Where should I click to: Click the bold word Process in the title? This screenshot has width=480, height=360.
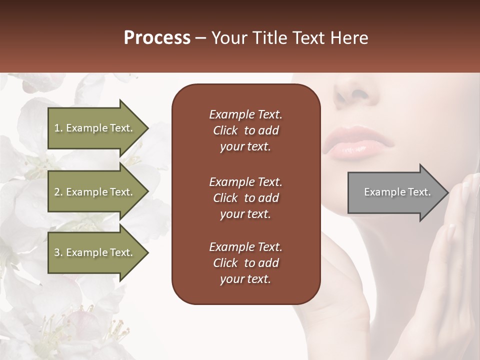[157, 38]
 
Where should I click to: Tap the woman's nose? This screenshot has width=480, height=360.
[355, 92]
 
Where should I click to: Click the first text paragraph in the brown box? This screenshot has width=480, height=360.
[245, 130]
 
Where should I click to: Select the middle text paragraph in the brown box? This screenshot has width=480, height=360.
[245, 198]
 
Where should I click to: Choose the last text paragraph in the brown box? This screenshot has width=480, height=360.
[245, 263]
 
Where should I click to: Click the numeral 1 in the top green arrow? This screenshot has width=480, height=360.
[57, 128]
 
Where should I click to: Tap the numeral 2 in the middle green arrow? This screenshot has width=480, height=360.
[57, 192]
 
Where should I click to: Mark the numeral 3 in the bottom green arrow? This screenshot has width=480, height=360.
[57, 252]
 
